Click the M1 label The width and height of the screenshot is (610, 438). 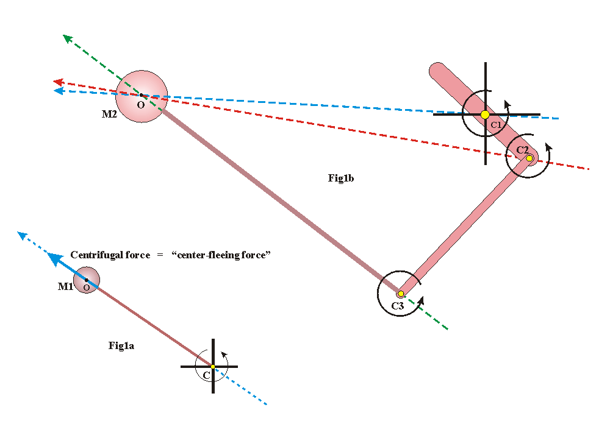point(65,286)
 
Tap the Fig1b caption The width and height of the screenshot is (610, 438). point(341,178)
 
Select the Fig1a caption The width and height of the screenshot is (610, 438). point(121,346)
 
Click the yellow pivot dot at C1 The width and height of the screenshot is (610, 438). point(485,115)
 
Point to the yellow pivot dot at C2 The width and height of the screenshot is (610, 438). point(529,158)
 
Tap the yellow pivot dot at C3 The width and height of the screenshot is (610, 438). point(401,294)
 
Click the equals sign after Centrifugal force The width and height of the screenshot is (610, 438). point(159,255)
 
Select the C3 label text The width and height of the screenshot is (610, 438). point(397,306)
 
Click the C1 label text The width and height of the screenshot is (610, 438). point(496,125)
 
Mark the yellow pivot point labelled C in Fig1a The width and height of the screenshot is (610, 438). point(213,367)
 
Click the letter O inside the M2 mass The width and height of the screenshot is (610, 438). point(141,105)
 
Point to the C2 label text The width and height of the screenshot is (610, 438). point(523,149)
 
